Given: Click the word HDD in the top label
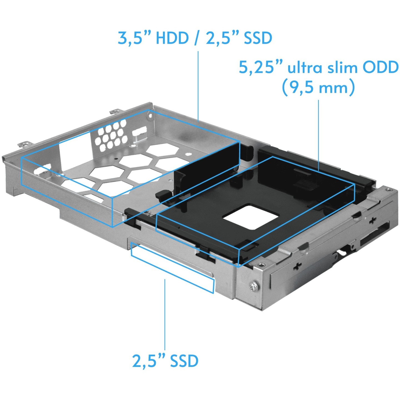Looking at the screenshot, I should pyautogui.click(x=172, y=38).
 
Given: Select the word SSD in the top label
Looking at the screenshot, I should pyautogui.click(x=258, y=38).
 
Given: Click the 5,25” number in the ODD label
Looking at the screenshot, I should pyautogui.click(x=261, y=67).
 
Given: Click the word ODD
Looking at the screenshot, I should pyautogui.click(x=381, y=67).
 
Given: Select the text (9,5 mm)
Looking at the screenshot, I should pyautogui.click(x=318, y=87).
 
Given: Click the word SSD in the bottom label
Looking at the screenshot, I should pyautogui.click(x=184, y=361).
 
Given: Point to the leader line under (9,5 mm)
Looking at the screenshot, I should pyautogui.click(x=318, y=133).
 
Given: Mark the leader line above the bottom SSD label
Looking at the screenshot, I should pyautogui.click(x=165, y=314).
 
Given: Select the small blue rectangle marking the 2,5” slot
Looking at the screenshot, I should pyautogui.click(x=172, y=268).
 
